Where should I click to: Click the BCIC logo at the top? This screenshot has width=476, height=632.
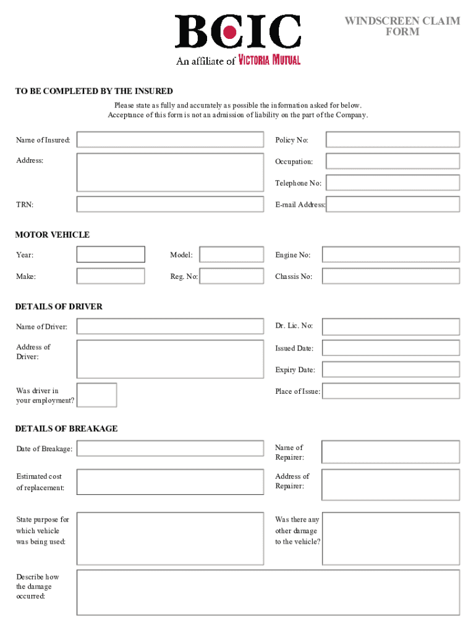pyautogui.click(x=237, y=32)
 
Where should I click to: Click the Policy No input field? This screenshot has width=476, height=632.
pyautogui.click(x=393, y=139)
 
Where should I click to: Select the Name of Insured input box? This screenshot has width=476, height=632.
pyautogui.click(x=170, y=139)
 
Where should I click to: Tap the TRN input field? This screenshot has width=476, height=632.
pyautogui.click(x=170, y=204)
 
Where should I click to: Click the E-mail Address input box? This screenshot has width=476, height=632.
pyautogui.click(x=393, y=204)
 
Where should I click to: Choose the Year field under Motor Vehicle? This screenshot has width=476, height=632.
pyautogui.click(x=111, y=254)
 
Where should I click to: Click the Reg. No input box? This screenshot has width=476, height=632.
pyautogui.click(x=232, y=276)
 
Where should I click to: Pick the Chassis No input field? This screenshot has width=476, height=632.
pyautogui.click(x=391, y=276)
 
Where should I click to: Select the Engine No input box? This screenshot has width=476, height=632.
pyautogui.click(x=391, y=254)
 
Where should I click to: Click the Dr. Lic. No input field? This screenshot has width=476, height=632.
pyautogui.click(x=391, y=326)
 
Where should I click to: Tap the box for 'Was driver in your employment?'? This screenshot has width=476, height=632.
pyautogui.click(x=96, y=395)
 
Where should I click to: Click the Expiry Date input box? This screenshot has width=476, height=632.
pyautogui.click(x=391, y=370)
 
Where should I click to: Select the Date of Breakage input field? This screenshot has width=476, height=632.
pyautogui.click(x=170, y=448)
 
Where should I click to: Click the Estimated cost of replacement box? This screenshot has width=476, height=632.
pyautogui.click(x=170, y=482)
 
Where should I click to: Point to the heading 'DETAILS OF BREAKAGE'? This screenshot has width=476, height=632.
pyautogui.click(x=66, y=428)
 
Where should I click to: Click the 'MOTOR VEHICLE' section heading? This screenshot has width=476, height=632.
pyautogui.click(x=53, y=235)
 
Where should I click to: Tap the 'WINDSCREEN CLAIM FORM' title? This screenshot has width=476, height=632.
pyautogui.click(x=402, y=27)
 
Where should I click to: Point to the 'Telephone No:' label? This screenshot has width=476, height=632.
pyautogui.click(x=298, y=183)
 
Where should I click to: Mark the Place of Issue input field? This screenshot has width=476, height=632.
pyautogui.click(x=391, y=391)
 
